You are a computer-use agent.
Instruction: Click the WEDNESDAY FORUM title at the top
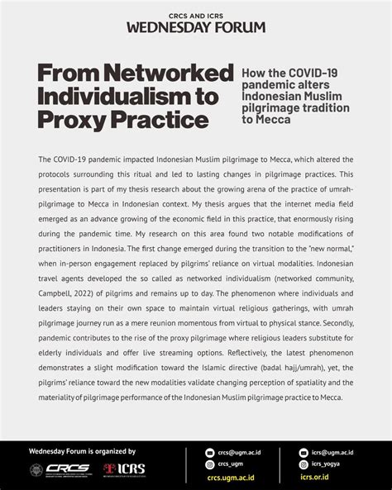pos(196,26)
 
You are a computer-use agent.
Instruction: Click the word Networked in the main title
pos(171,74)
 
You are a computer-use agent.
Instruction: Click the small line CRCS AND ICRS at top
pos(196,12)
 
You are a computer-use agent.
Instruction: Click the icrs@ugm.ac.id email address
pos(332,453)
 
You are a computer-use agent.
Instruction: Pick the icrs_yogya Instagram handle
pos(328,464)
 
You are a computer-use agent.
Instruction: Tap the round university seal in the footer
pos(36,469)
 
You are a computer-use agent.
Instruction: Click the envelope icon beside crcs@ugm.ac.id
pos(210,453)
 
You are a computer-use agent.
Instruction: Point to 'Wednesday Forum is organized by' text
pos(82,451)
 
